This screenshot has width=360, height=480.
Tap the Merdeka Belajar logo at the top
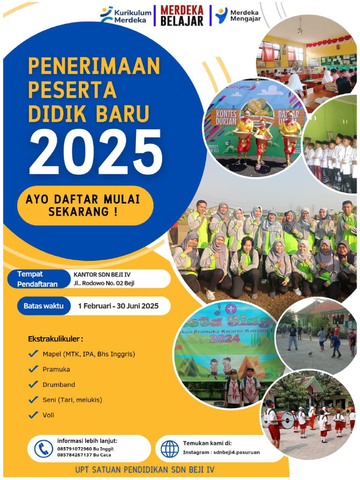click(182, 15)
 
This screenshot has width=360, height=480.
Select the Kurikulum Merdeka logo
click(127, 15)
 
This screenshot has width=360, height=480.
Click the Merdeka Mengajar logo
click(238, 15)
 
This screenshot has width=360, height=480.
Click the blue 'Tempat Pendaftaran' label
click(37, 279)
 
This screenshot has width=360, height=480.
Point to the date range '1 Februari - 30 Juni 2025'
click(118, 306)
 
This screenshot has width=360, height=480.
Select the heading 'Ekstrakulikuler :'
click(56, 338)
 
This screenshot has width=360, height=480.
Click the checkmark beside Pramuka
click(33, 369)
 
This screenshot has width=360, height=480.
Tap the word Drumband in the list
click(59, 385)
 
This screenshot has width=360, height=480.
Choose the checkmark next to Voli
click(33, 415)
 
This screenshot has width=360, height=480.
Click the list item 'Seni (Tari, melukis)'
click(72, 400)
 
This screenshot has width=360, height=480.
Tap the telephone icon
click(44, 449)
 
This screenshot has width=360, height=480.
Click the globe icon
click(170, 449)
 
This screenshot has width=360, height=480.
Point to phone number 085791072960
click(73, 449)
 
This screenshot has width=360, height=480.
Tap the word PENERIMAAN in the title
click(94, 66)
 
